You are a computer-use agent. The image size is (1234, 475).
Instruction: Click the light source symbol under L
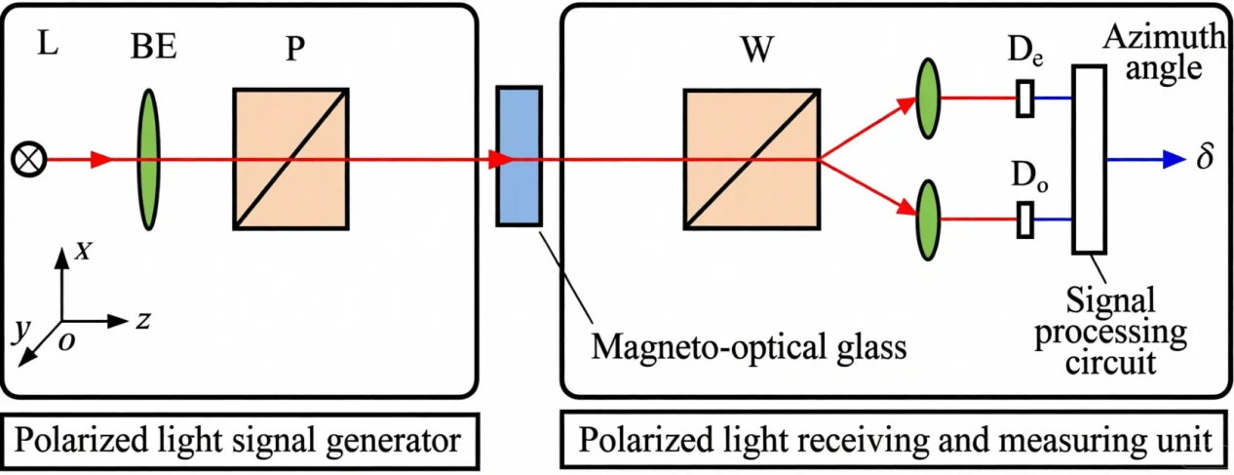(24, 160)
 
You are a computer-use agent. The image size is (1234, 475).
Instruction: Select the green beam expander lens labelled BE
(148, 160)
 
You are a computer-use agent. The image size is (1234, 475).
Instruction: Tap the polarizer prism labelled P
(290, 160)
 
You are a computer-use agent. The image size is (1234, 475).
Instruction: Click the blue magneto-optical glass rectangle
(519, 156)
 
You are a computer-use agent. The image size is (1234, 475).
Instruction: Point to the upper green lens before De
(929, 99)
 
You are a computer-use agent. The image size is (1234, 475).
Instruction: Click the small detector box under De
(1024, 99)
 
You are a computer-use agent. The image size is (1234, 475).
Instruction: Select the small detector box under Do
(1024, 219)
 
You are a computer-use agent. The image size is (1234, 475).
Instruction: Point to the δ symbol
(1206, 158)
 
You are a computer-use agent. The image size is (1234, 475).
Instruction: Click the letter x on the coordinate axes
(84, 252)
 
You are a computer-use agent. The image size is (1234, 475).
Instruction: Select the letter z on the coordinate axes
(142, 321)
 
